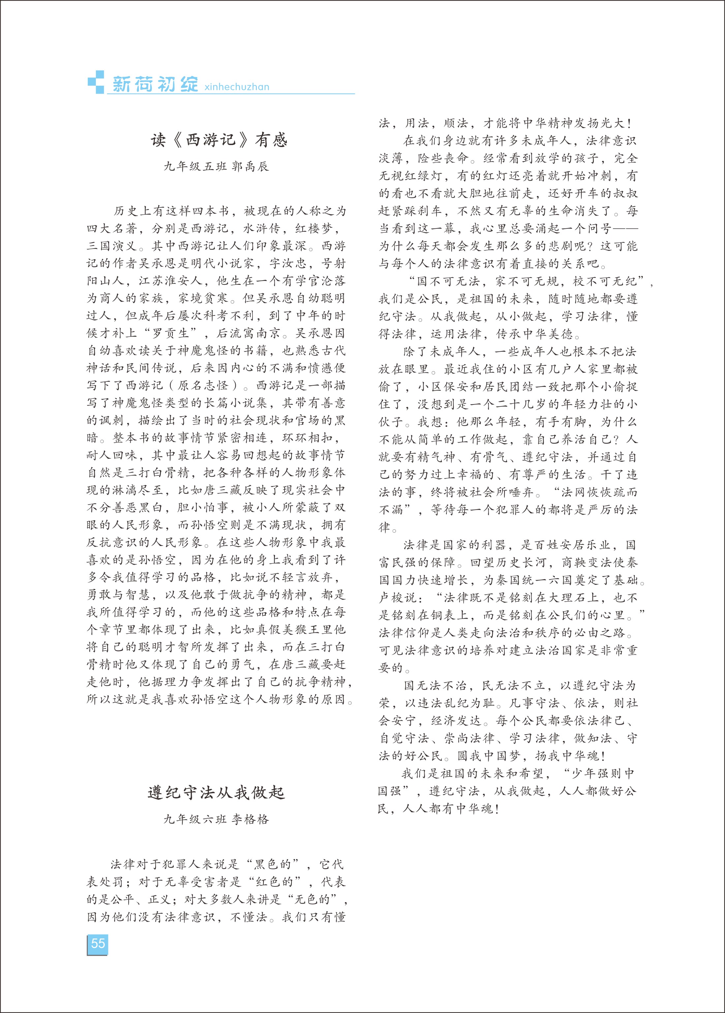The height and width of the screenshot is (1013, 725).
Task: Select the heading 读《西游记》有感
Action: coord(219,140)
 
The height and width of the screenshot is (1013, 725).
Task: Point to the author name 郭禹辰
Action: coord(250,167)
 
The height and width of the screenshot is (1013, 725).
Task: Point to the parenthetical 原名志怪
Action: coord(203,386)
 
